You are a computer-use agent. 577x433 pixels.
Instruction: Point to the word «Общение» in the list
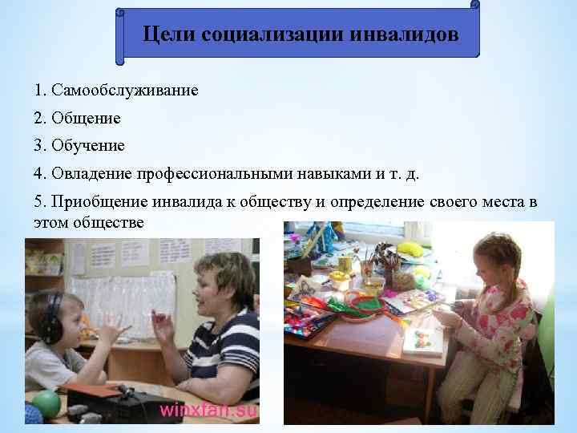click(86, 118)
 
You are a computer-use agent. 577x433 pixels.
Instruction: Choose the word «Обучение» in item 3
click(87, 146)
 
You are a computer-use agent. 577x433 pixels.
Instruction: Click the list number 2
click(39, 118)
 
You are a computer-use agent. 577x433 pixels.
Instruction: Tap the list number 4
click(39, 173)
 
